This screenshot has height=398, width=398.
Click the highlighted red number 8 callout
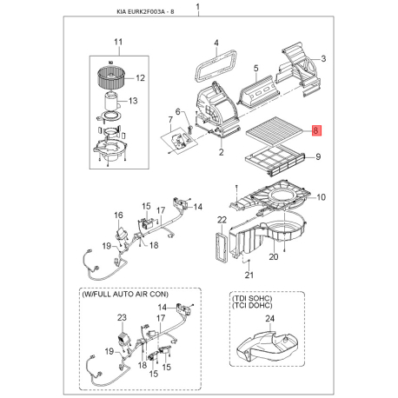tap(315, 130)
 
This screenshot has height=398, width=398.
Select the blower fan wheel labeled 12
tap(110, 77)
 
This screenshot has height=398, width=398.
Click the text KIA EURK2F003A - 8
tap(145, 12)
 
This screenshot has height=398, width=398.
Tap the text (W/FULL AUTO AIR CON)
tap(125, 295)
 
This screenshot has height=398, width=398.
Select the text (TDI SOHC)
tap(252, 298)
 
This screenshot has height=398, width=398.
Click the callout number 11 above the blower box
tap(118, 42)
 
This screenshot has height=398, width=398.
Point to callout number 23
tap(122, 317)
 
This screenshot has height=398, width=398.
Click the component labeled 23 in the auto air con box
tap(123, 338)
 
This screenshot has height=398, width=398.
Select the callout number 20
tap(274, 256)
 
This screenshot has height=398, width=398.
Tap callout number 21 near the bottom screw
tap(249, 275)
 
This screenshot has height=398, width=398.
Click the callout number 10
tap(321, 197)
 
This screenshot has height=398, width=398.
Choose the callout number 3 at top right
tap(323, 58)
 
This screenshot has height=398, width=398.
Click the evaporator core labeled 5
tap(259, 90)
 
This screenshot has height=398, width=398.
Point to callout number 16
tap(118, 215)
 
